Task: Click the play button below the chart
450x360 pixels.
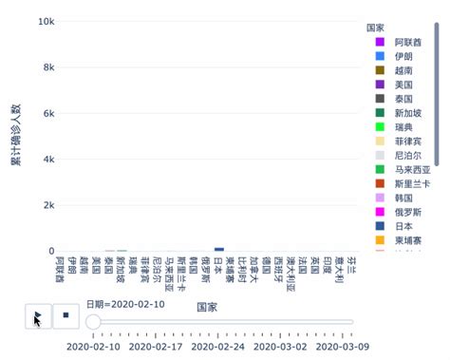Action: (x=38, y=315)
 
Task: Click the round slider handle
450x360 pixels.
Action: (x=93, y=323)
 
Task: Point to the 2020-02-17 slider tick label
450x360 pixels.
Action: (x=157, y=347)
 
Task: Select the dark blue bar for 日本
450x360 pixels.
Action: (x=219, y=249)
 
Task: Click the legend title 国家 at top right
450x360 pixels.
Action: (x=375, y=28)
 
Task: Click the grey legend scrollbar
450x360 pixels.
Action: (x=437, y=95)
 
